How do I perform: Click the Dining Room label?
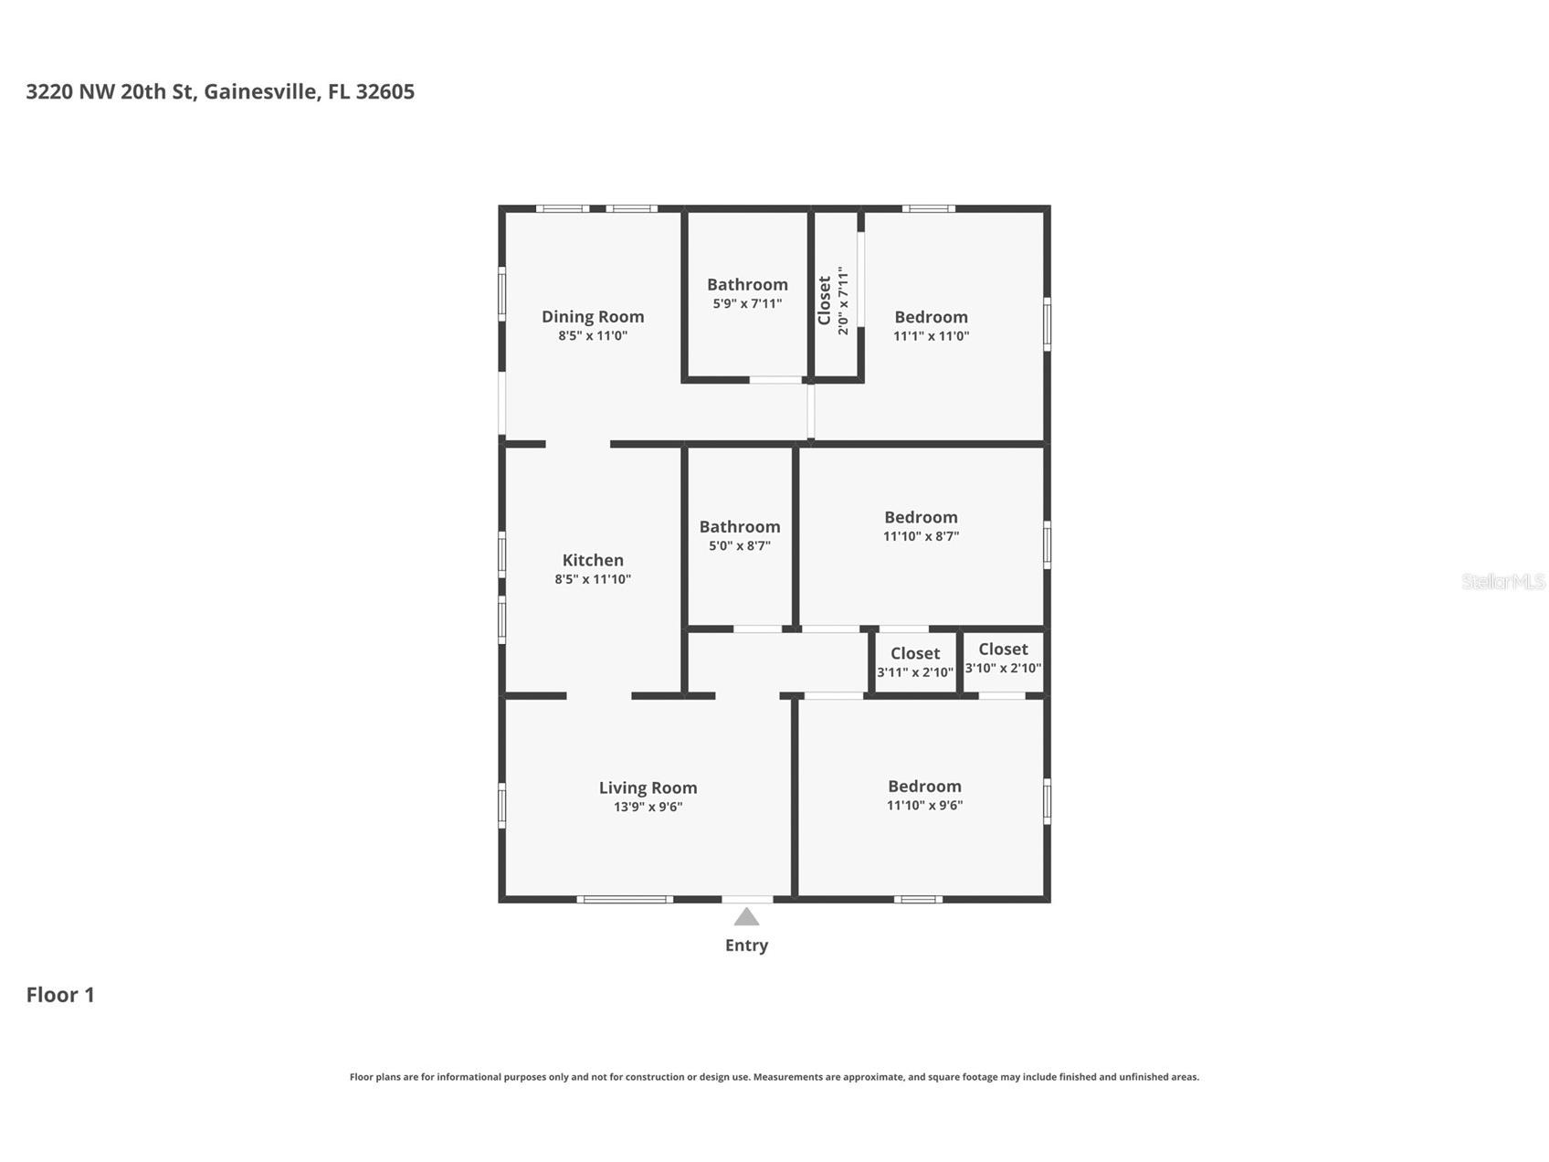(593, 316)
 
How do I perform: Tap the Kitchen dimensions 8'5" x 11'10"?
(593, 579)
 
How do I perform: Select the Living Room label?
(648, 787)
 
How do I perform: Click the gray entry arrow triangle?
(746, 917)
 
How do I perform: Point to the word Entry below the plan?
(746, 945)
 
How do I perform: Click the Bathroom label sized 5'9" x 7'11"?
(747, 284)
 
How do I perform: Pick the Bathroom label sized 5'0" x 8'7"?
(739, 526)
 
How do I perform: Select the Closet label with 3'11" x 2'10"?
(914, 653)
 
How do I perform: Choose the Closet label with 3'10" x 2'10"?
(1003, 649)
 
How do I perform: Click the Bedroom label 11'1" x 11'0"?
(931, 317)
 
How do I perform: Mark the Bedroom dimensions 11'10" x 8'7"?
(921, 536)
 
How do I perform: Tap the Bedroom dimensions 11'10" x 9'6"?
(924, 805)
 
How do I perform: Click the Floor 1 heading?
(60, 995)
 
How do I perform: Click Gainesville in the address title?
(261, 91)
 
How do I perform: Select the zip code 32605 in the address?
(385, 91)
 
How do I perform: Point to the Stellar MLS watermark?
(1502, 581)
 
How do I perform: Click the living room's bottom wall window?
(625, 900)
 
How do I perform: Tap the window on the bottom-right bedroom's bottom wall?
(918, 900)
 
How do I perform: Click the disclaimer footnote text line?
(774, 1077)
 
